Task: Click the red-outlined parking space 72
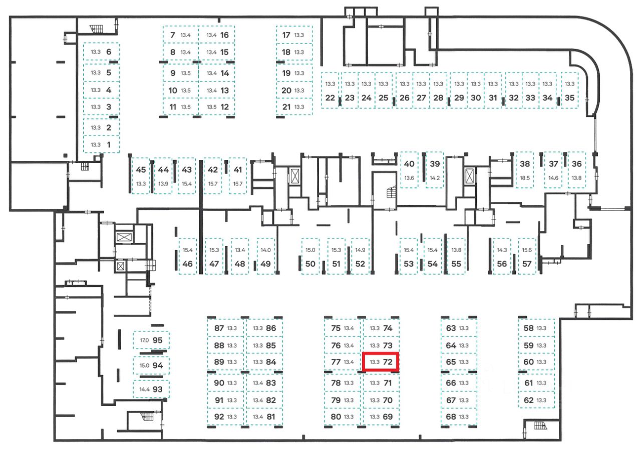(381, 362)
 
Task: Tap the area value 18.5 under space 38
(525, 178)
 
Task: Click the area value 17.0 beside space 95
(144, 340)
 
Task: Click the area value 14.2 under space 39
(435, 178)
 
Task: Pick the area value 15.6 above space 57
(526, 250)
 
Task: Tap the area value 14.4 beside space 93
(144, 388)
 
